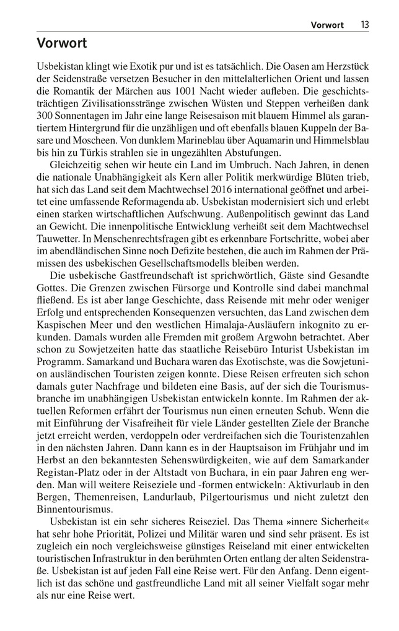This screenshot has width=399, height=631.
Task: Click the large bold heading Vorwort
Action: pyautogui.click(x=61, y=43)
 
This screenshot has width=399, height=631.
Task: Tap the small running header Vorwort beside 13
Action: pyautogui.click(x=327, y=25)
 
